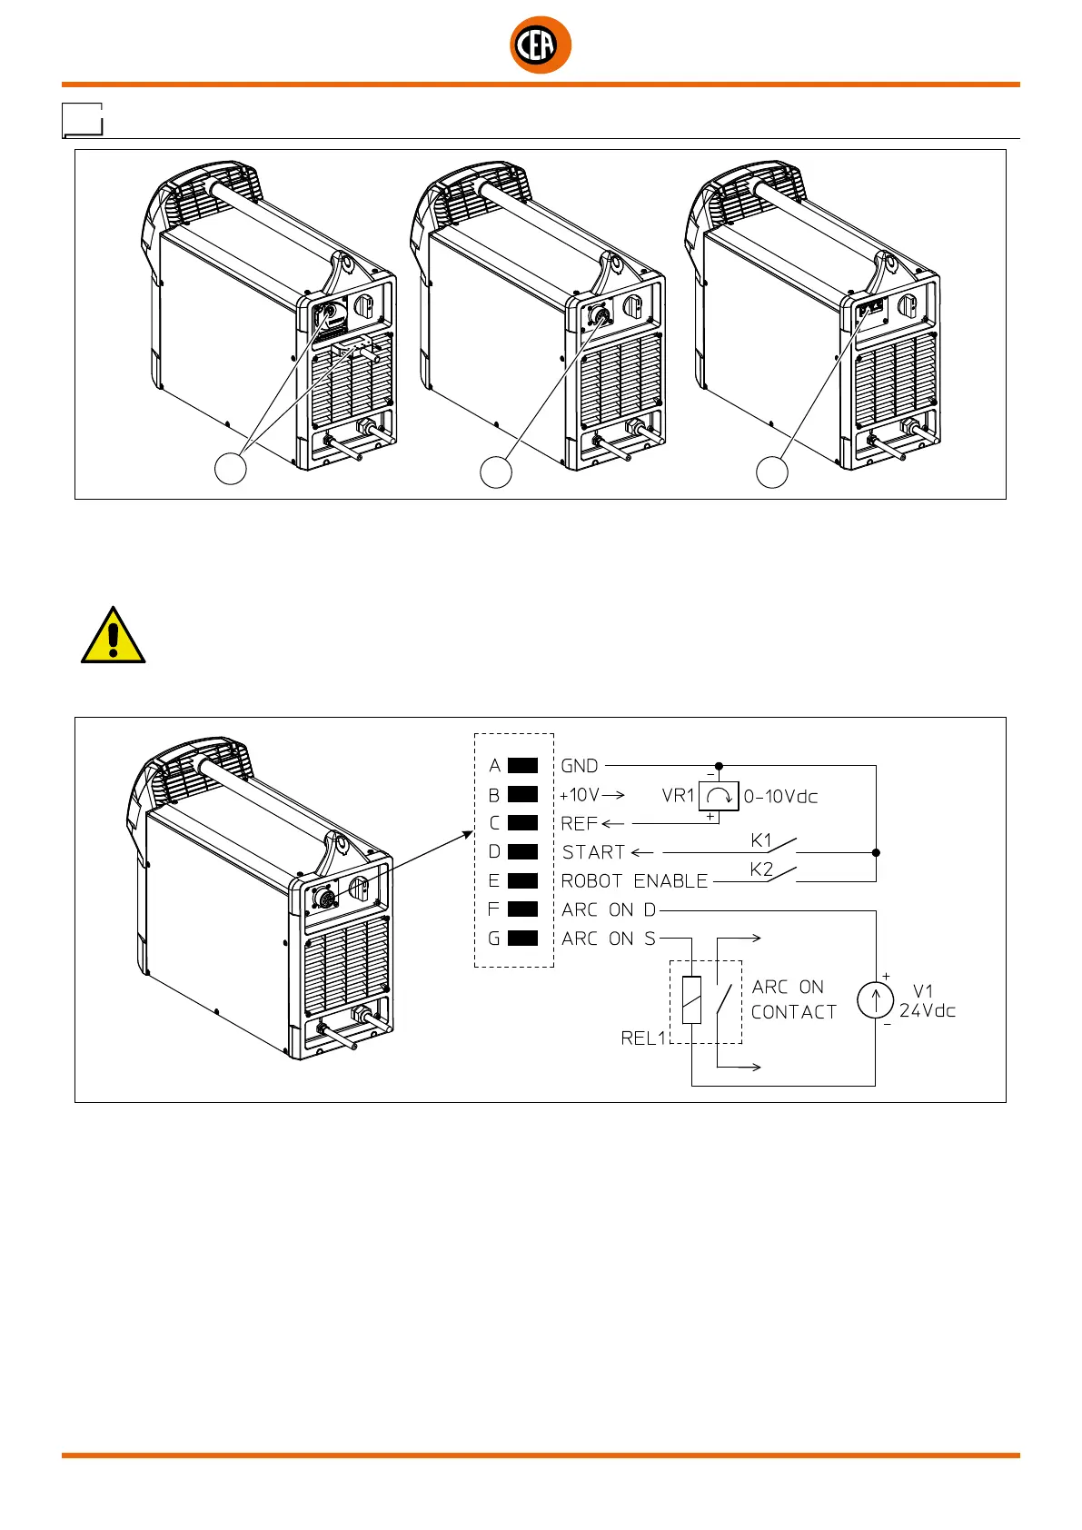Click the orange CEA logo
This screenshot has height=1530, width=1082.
(541, 45)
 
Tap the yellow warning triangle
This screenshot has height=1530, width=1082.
(113, 636)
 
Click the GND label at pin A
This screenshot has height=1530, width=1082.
(580, 766)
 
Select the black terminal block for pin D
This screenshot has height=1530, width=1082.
(522, 852)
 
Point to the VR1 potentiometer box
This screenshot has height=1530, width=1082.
(719, 796)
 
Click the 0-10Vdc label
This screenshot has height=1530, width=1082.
(780, 797)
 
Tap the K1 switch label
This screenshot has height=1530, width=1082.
(761, 840)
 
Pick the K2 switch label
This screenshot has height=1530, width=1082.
(761, 869)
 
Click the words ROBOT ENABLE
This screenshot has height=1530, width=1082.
(634, 881)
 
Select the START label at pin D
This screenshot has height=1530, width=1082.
(594, 852)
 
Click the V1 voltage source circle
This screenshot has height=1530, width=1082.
(875, 1000)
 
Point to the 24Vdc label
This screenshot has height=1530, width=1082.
(928, 1011)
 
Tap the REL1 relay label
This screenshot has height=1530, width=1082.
(643, 1038)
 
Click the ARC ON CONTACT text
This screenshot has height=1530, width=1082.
(793, 999)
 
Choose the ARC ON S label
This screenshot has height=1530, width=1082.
(609, 939)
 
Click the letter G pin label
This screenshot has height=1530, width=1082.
(494, 939)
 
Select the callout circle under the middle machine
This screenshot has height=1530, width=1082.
(496, 472)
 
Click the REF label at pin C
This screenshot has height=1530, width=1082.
(580, 824)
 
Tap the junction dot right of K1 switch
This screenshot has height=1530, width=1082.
(876, 853)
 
